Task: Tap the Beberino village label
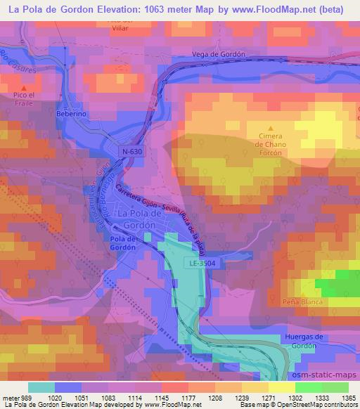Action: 72,112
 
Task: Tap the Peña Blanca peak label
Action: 303,301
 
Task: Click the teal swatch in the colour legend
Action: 41,387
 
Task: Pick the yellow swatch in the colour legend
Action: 281,387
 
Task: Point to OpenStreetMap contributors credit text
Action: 321,405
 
